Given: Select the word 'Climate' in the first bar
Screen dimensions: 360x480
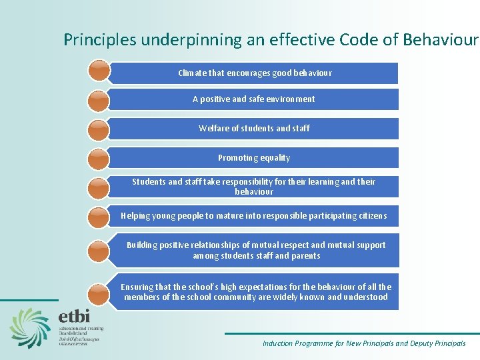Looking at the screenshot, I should pyautogui.click(x=193, y=73).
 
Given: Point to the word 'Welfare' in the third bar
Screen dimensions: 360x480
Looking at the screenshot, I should pyautogui.click(x=213, y=128).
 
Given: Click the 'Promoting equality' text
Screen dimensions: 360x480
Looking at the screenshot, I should pyautogui.click(x=254, y=158).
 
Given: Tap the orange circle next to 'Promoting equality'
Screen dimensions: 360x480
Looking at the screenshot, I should pyautogui.click(x=98, y=158).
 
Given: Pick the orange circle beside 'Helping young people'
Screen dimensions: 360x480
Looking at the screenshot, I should pyautogui.click(x=98, y=216).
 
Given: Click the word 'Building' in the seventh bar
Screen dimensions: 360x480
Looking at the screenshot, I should pyautogui.click(x=142, y=245).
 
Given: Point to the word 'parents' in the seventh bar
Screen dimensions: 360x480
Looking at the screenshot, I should pyautogui.click(x=305, y=255).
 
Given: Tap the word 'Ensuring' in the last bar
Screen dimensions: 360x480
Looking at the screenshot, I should pyautogui.click(x=137, y=287).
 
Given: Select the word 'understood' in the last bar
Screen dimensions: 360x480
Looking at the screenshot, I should pyautogui.click(x=366, y=297).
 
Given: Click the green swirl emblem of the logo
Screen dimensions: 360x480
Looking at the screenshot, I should pyautogui.click(x=31, y=327).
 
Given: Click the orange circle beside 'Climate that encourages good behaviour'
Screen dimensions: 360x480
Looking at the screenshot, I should pyautogui.click(x=98, y=70).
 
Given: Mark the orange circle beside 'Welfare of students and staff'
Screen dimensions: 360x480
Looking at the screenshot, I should pyautogui.click(x=98, y=129).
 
